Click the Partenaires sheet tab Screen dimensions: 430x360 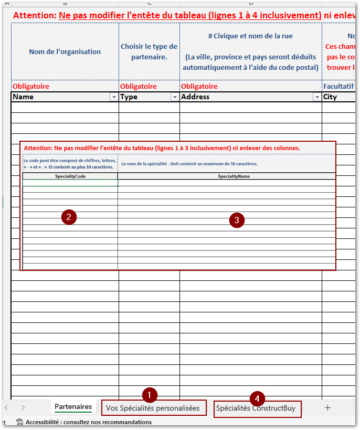(73, 407)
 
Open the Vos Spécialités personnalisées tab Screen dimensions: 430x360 (153, 408)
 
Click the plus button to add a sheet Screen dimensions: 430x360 (327, 407)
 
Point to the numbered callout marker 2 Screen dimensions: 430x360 (69, 217)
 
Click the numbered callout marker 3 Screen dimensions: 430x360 (237, 221)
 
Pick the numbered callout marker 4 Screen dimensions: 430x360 (257, 398)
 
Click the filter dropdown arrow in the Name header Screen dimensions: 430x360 (113, 97)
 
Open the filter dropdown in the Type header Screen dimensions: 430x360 (175, 97)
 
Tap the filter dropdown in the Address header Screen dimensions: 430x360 (316, 97)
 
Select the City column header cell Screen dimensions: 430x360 (338, 97)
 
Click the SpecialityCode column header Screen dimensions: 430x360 (70, 176)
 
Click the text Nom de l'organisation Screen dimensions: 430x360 (65, 51)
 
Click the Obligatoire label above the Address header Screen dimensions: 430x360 (199, 86)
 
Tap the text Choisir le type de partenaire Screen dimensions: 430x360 (149, 51)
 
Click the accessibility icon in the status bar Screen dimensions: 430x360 (20, 422)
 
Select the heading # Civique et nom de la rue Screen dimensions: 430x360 (250, 36)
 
